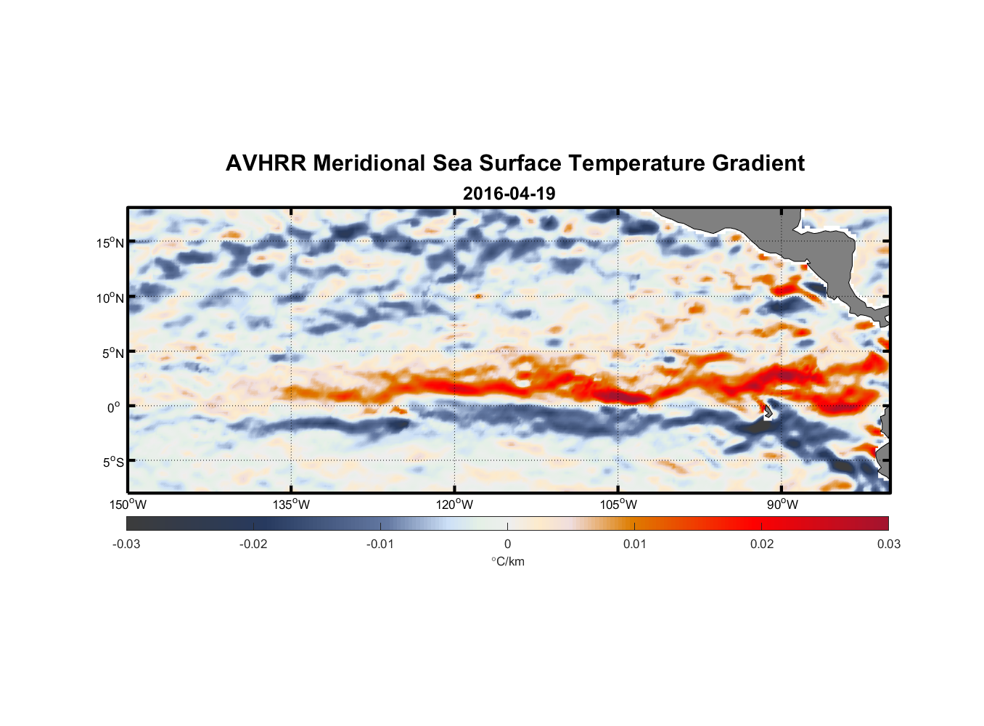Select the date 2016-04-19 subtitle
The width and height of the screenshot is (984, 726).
click(x=509, y=194)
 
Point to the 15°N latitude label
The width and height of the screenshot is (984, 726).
click(x=110, y=242)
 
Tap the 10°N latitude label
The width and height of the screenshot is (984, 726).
click(x=110, y=298)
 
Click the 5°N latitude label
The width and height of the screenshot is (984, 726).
click(x=112, y=353)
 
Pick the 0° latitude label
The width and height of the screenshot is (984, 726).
click(x=114, y=407)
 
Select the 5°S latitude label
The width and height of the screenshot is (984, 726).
click(x=112, y=462)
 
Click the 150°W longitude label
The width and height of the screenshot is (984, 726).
click(x=128, y=505)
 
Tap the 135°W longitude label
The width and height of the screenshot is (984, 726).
click(x=291, y=505)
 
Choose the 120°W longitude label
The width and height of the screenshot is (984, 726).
click(x=455, y=505)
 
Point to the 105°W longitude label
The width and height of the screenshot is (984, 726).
click(x=618, y=505)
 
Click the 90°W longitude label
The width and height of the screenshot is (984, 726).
click(x=782, y=505)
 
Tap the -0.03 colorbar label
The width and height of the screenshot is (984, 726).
click(x=126, y=544)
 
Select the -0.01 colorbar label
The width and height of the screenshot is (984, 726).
click(x=380, y=544)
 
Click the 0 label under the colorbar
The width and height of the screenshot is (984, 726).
click(x=507, y=544)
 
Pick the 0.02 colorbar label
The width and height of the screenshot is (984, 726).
click(x=762, y=544)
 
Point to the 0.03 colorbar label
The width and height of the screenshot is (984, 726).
click(x=888, y=544)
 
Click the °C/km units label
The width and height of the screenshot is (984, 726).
click(x=507, y=561)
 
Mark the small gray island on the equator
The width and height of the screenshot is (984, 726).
click(x=767, y=412)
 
